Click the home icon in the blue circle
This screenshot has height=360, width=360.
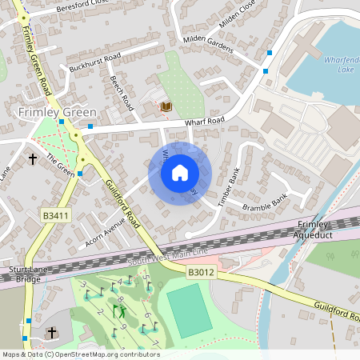(x=180, y=172)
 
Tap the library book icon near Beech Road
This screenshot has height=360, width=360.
(x=166, y=106)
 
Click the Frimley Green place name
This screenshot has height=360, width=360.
(x=58, y=112)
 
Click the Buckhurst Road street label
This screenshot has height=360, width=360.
(x=94, y=62)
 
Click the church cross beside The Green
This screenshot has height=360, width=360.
(x=33, y=159)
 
